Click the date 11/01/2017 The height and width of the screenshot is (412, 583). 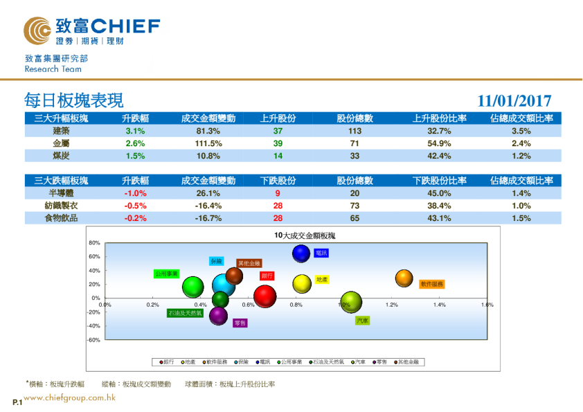(514, 101)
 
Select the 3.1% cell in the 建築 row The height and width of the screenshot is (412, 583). (134, 131)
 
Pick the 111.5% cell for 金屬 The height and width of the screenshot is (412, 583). (208, 143)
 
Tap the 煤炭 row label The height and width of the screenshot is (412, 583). (61, 156)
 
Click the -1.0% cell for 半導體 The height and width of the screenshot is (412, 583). (134, 193)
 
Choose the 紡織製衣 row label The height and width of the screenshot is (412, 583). (61, 206)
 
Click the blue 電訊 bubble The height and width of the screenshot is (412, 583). (301, 253)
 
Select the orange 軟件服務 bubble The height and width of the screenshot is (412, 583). (404, 278)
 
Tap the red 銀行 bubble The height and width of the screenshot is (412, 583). (266, 296)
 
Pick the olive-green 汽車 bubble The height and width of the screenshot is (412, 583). (351, 303)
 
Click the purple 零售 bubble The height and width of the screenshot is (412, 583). (219, 316)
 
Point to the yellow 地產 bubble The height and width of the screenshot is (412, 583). (301, 283)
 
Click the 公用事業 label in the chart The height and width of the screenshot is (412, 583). (167, 274)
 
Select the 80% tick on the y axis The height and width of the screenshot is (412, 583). (95, 243)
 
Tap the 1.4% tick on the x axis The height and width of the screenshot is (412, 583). (439, 305)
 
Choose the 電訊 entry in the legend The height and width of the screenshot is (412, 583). (264, 361)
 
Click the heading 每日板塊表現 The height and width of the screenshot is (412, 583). (73, 100)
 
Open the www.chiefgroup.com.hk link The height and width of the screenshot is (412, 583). (69, 397)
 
